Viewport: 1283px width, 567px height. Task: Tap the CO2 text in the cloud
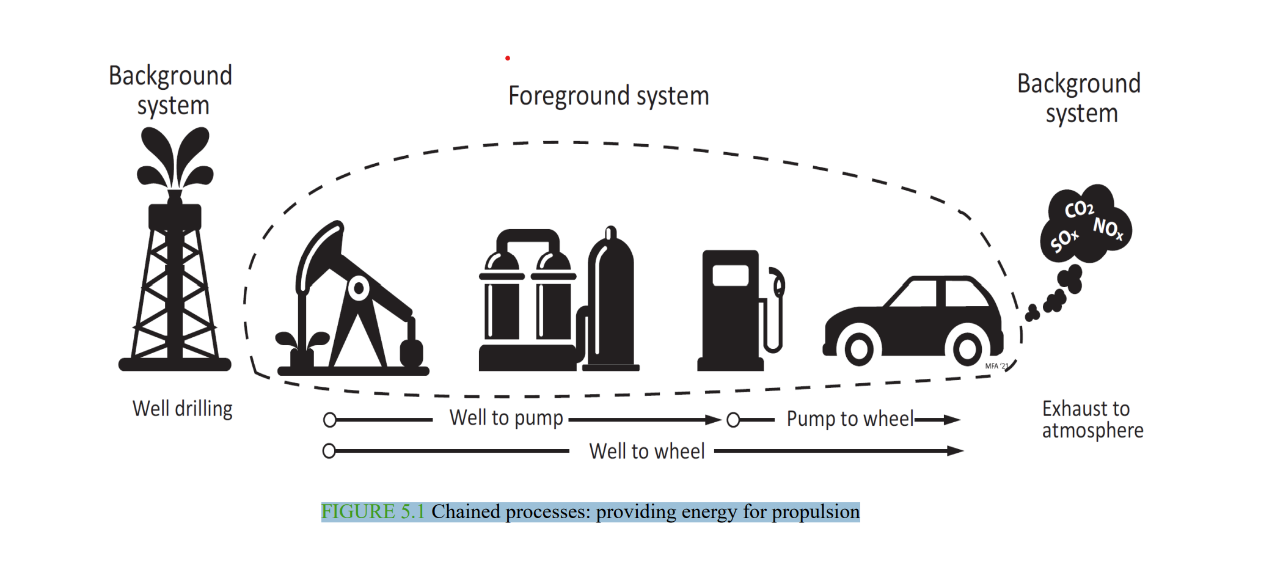(x=1079, y=209)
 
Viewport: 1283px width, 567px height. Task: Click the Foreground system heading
(x=609, y=96)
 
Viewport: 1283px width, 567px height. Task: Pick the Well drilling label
(x=182, y=408)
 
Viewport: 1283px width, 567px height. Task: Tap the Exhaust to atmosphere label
(x=1092, y=419)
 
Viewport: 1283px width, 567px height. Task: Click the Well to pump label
(x=506, y=418)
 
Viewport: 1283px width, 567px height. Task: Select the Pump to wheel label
(x=850, y=419)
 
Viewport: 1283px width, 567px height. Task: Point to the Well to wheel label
(x=646, y=451)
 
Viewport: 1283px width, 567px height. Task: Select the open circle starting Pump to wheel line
(x=733, y=420)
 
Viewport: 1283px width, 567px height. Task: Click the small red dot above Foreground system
(x=508, y=58)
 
